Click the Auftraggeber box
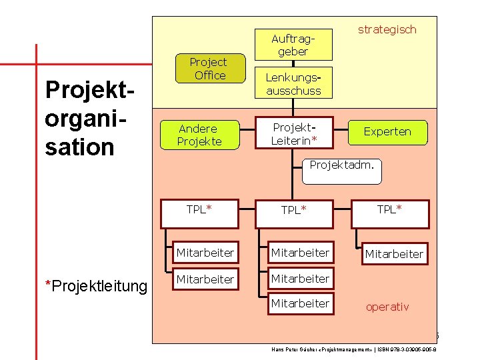[x=293, y=45]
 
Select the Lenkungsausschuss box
[x=293, y=83]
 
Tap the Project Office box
[x=209, y=69]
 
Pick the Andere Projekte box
[x=199, y=135]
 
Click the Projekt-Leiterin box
[x=294, y=133]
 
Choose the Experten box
[x=387, y=132]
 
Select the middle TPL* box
[x=294, y=210]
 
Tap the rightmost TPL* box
[x=389, y=209]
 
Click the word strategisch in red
[x=387, y=29]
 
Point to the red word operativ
[x=387, y=307]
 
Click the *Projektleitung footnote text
[x=95, y=286]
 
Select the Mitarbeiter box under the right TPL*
[x=393, y=253]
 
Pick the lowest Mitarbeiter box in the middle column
[x=299, y=303]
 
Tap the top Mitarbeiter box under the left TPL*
[x=205, y=253]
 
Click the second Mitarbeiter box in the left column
[x=205, y=279]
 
